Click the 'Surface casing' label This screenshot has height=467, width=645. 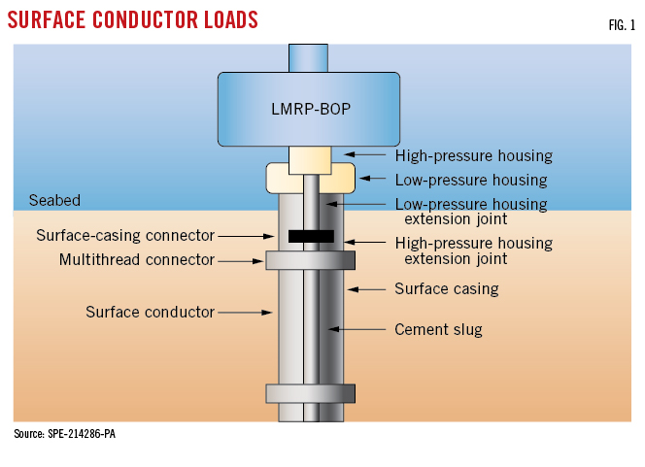click(x=446, y=288)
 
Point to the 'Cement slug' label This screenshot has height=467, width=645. click(x=438, y=330)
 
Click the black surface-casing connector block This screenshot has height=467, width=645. click(x=311, y=236)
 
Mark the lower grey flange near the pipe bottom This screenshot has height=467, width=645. click(x=310, y=393)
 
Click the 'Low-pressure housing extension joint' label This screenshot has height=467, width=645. click(x=470, y=212)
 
